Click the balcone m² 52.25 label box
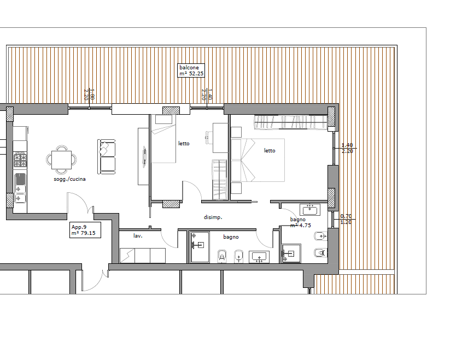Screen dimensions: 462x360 191,70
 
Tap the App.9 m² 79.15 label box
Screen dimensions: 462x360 85,230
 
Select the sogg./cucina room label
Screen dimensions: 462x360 69,179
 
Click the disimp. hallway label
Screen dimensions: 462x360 213,217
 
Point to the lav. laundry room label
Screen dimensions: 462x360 138,236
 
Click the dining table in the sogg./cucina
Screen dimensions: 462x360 62,160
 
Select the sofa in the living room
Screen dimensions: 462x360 107,157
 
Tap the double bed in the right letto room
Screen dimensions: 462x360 258,160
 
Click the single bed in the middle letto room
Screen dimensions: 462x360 163,139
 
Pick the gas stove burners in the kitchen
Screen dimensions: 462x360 20,160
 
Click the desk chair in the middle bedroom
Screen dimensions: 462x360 209,138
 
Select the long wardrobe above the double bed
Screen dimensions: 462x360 290,122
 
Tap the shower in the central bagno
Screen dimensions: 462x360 200,247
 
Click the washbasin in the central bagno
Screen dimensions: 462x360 259,257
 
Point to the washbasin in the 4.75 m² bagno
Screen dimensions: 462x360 310,210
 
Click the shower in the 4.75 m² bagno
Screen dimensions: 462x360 291,253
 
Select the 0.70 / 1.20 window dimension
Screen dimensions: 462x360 346,219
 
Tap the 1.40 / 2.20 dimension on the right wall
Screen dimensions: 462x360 347,148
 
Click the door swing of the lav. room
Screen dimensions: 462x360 169,238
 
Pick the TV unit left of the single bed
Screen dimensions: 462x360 143,156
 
